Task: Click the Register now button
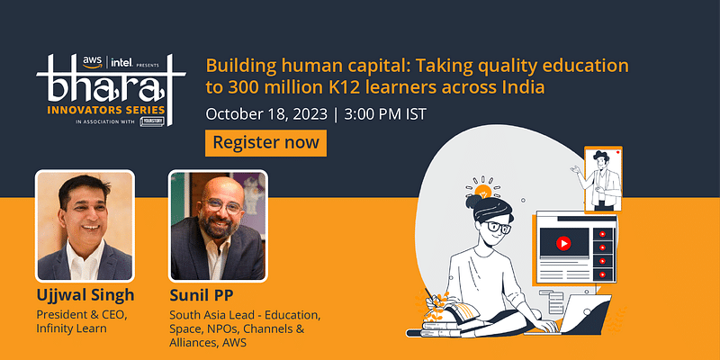(266, 143)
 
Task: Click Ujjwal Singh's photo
(85, 224)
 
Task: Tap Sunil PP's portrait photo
(218, 224)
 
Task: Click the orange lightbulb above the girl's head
(484, 191)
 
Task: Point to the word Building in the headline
(237, 67)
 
